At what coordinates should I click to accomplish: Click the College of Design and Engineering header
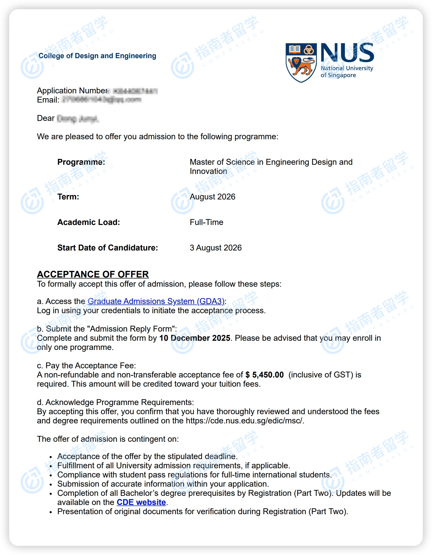point(97,56)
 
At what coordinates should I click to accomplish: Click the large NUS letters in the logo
point(347,53)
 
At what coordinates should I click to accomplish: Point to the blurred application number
point(135,91)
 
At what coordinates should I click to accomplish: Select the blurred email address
point(102,100)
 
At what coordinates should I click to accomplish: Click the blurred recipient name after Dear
point(78,119)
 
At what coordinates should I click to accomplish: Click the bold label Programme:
point(81,162)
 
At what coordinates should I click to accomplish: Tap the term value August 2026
point(212,197)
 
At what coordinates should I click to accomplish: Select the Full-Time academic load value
point(206,222)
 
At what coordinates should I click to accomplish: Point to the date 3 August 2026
point(215,248)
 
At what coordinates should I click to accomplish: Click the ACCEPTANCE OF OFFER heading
point(93,274)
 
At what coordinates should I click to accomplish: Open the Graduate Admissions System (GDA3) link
point(156,301)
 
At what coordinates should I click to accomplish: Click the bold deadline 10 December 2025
point(195,338)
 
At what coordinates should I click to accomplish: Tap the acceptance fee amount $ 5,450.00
point(264,375)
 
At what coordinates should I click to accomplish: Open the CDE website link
point(141,502)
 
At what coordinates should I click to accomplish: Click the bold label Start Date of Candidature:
point(107,248)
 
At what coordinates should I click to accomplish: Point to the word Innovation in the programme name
point(208,171)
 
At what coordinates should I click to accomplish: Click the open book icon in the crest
point(294,49)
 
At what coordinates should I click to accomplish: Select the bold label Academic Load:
point(88,222)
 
